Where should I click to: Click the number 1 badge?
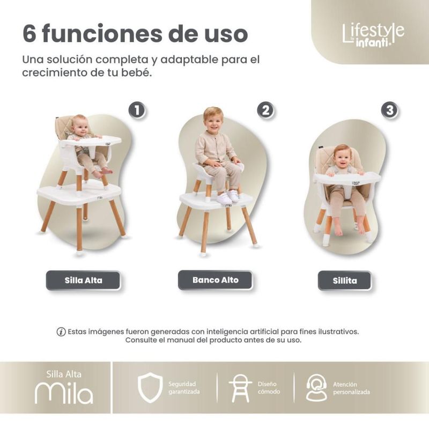click(137, 110)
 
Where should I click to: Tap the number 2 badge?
click(265, 110)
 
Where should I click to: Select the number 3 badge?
click(390, 110)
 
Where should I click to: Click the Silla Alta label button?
click(83, 280)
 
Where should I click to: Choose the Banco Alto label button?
click(216, 280)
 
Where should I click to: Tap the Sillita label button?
click(345, 280)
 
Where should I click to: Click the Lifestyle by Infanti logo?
click(373, 35)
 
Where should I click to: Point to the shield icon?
click(150, 387)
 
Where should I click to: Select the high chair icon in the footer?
click(240, 388)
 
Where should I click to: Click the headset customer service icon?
click(316, 388)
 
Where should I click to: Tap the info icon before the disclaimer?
click(61, 332)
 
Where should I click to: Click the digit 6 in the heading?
click(29, 34)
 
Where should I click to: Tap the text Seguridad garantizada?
click(184, 388)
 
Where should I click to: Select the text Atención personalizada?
click(351, 388)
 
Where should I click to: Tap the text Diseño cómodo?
click(269, 388)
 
